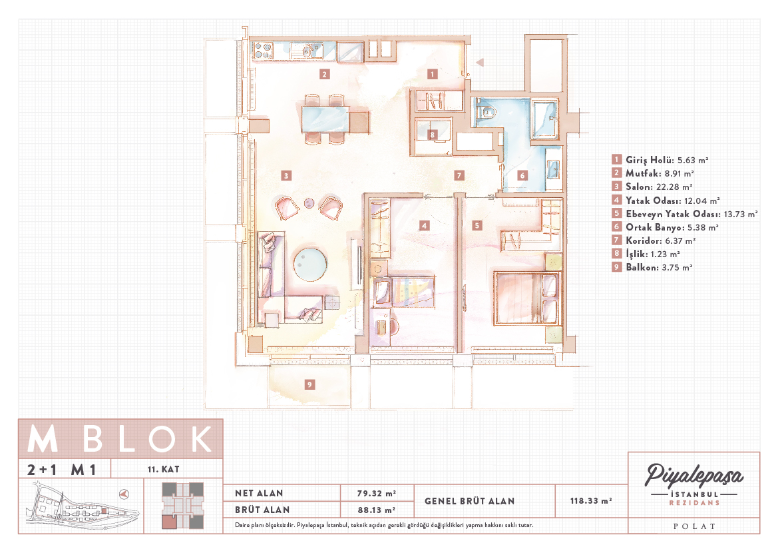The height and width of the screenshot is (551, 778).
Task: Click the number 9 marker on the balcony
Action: tap(309, 384)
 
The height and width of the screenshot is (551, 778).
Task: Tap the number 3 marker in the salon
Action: tap(286, 175)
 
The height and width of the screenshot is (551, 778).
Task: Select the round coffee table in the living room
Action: tap(310, 265)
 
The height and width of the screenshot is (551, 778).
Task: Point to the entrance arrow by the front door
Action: tap(479, 63)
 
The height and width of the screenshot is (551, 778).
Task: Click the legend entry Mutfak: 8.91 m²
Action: tap(653, 173)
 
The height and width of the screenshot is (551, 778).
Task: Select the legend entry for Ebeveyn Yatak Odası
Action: tap(685, 214)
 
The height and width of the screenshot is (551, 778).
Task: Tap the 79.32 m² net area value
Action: tap(377, 493)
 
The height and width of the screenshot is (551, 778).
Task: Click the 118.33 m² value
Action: tap(591, 501)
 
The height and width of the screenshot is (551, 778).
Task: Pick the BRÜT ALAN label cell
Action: tap(262, 510)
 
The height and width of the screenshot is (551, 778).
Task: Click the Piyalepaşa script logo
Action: tap(693, 476)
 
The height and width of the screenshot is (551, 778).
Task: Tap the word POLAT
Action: tap(694, 526)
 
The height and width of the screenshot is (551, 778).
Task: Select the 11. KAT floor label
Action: tap(163, 469)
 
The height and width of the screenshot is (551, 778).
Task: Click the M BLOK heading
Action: tap(120, 439)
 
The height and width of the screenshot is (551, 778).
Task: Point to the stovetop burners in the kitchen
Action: tap(263, 50)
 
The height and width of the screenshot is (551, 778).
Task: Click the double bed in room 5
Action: tap(527, 298)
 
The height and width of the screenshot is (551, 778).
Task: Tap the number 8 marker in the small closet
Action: tap(432, 135)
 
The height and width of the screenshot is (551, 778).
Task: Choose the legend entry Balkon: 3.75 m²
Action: tap(652, 267)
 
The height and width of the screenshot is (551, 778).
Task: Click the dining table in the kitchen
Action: tap(325, 120)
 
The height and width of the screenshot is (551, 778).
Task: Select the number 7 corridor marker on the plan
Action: tap(459, 175)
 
